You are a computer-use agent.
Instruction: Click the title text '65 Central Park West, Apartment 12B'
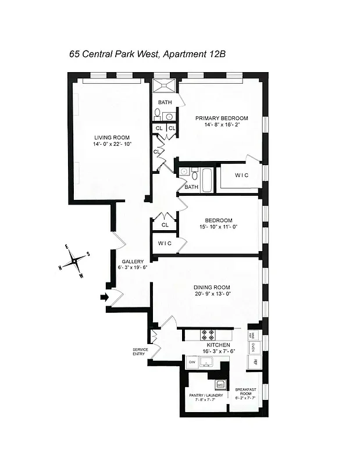click(x=147, y=54)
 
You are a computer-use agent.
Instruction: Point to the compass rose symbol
click(x=76, y=262)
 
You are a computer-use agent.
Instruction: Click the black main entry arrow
click(x=104, y=298)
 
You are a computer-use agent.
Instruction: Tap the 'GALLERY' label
click(x=133, y=262)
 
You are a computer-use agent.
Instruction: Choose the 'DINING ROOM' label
click(x=212, y=287)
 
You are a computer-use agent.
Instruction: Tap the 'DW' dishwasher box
click(x=191, y=362)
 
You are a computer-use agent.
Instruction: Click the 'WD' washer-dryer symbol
click(x=220, y=384)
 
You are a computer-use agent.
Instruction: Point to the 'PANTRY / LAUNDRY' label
click(x=206, y=395)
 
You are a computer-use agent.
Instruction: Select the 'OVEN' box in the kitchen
click(x=254, y=347)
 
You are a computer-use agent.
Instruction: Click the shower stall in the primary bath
click(x=166, y=86)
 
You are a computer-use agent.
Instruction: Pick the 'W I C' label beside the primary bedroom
click(x=243, y=175)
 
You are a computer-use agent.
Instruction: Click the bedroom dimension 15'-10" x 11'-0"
click(x=218, y=227)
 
